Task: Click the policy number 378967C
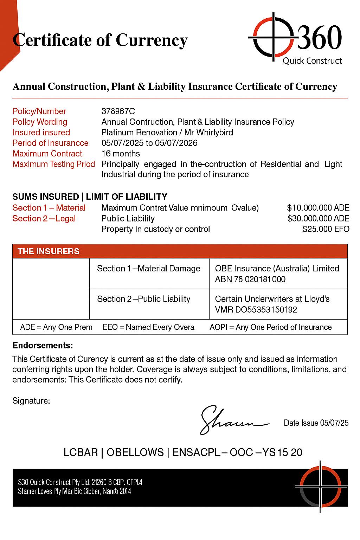tap(118, 111)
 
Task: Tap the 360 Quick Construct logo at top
tap(295, 39)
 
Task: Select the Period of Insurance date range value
tap(149, 143)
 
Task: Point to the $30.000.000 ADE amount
tap(318, 219)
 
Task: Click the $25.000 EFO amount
tap(326, 229)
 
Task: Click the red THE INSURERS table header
tap(180, 251)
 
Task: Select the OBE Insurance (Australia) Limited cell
tap(277, 274)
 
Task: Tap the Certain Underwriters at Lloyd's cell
tap(272, 304)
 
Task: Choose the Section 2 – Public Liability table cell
tap(143, 299)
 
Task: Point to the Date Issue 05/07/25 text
tap(316, 423)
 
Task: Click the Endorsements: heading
tap(43, 346)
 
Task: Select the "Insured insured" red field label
tap(41, 133)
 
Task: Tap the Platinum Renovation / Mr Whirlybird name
tap(167, 133)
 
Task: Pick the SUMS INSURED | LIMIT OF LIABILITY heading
tap(90, 197)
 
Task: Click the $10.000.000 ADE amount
tap(318, 208)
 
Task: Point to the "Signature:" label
tap(31, 400)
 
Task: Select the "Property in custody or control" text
tap(155, 229)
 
